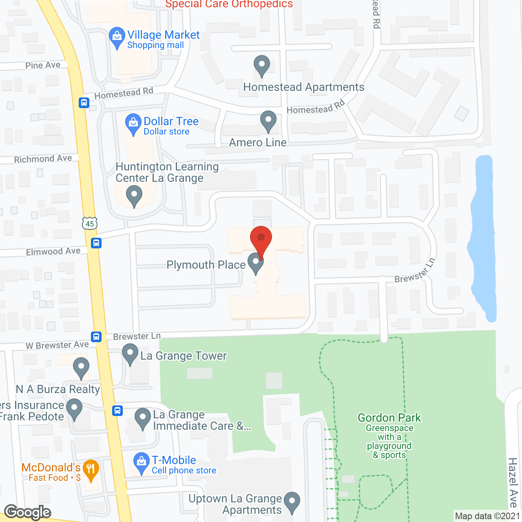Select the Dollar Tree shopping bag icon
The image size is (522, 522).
133,124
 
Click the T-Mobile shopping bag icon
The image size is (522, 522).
141,463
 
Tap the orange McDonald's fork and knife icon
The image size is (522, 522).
90,469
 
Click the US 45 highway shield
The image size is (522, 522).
90,223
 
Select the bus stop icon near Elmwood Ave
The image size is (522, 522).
96,243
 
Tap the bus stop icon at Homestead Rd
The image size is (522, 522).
84,102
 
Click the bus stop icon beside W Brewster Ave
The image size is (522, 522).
96,337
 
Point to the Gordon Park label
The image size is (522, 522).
389,418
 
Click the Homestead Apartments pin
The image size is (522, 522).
262,65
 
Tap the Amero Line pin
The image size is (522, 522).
268,121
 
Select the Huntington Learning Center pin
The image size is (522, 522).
134,196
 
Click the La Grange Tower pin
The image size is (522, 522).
130,354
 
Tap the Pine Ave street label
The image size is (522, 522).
43,65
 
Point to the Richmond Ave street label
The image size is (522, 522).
43,159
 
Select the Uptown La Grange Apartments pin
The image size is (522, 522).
292,502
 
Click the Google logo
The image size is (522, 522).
28,512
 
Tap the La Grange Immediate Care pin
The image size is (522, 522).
143,418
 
